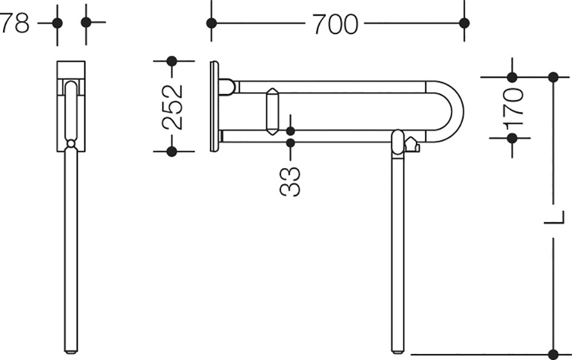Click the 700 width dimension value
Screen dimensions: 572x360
click(335, 24)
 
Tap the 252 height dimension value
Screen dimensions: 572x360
click(172, 107)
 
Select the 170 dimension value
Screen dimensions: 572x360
click(513, 107)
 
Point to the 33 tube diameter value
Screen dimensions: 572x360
click(291, 182)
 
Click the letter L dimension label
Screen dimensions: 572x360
click(554, 218)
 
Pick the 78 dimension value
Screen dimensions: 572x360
click(14, 23)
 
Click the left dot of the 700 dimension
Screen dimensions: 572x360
click(212, 24)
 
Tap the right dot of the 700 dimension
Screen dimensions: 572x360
click(464, 24)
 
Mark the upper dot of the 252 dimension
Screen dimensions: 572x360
click(172, 61)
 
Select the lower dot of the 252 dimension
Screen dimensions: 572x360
click(172, 151)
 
